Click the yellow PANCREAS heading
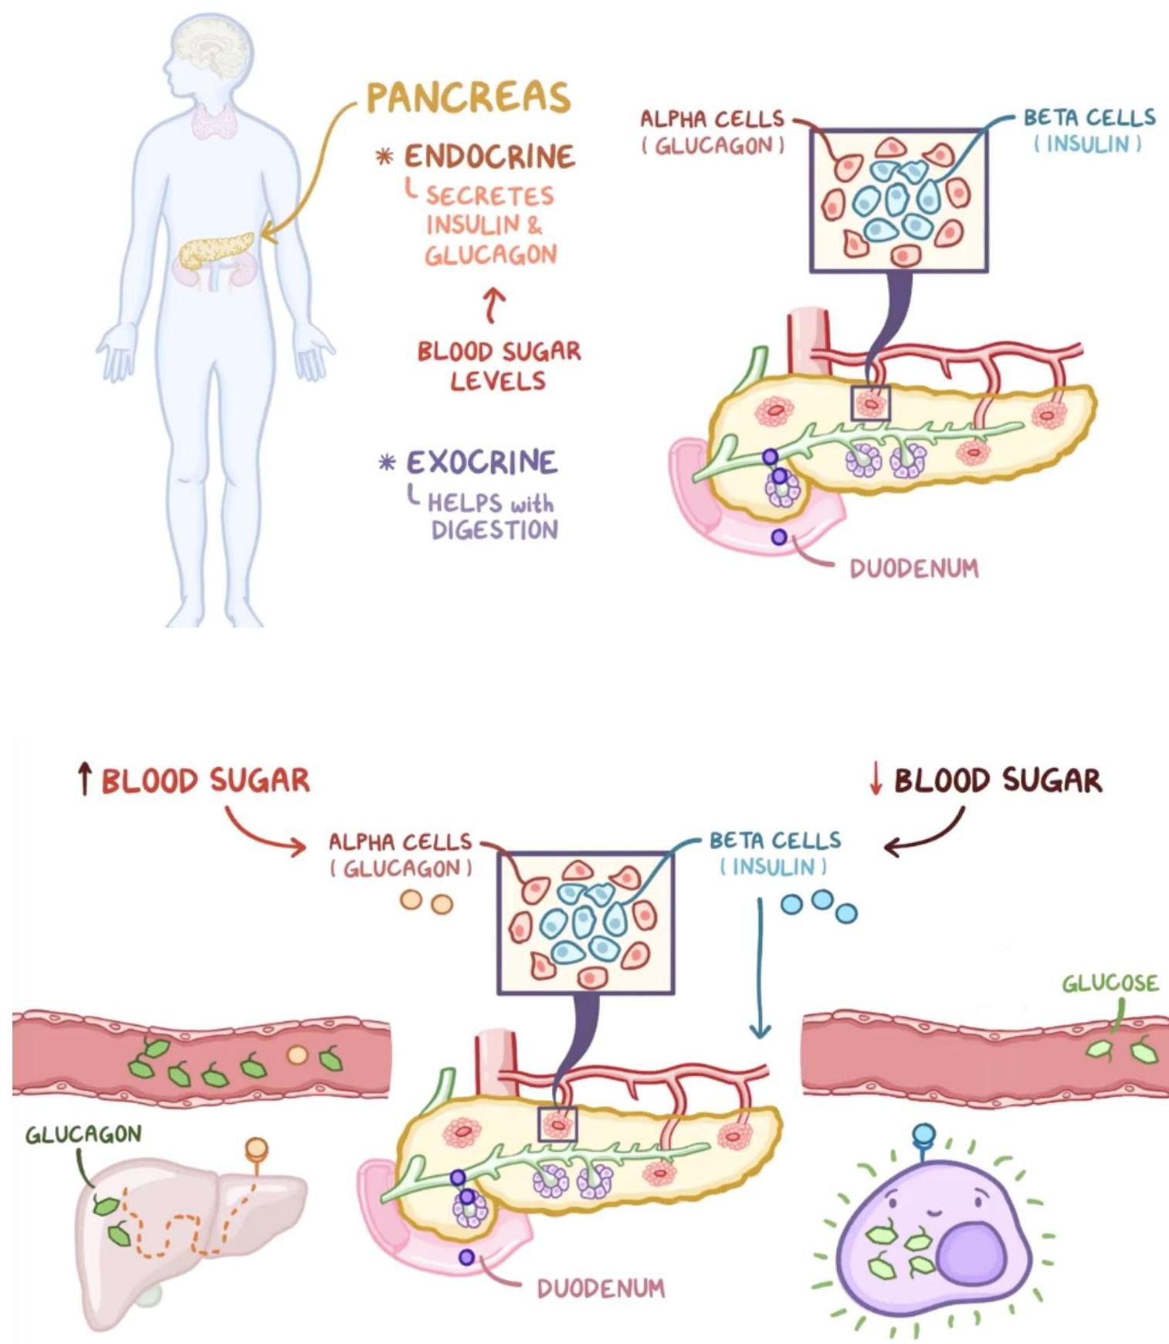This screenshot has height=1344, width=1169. click(468, 98)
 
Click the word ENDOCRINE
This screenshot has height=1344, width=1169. click(490, 157)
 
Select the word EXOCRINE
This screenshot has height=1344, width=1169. click(481, 462)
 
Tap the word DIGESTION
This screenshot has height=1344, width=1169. click(494, 530)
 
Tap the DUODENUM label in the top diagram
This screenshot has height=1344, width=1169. click(913, 569)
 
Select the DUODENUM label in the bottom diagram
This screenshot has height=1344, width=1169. click(600, 1288)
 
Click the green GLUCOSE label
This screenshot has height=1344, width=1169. click(1110, 983)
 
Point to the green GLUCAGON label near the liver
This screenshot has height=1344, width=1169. click(83, 1134)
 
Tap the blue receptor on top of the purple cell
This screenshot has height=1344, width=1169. click(923, 1135)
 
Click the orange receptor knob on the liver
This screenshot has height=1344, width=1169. click(256, 1149)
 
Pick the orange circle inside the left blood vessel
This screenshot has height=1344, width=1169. click(296, 1055)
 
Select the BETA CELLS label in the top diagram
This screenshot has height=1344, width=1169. click(1089, 117)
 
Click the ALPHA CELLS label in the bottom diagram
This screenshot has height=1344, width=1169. click(400, 841)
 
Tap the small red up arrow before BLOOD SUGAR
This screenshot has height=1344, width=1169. click(85, 780)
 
